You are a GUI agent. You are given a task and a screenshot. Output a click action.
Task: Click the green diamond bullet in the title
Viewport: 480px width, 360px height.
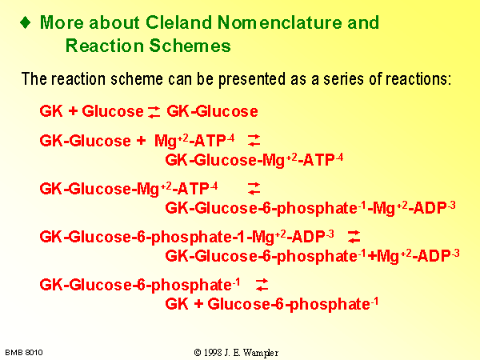pyautogui.click(x=25, y=22)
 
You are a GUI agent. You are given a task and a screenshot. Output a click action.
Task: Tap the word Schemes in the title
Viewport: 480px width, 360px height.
pyautogui.click(x=190, y=46)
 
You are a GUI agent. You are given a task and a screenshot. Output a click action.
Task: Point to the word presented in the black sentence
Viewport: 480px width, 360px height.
pyautogui.click(x=253, y=79)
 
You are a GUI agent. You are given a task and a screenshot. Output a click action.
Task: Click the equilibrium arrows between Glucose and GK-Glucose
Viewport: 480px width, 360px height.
pyautogui.click(x=154, y=112)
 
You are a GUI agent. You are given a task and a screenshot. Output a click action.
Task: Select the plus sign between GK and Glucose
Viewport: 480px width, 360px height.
pyautogui.click(x=73, y=111)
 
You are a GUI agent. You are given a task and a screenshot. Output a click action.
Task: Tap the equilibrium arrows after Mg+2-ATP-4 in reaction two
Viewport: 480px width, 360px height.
pyautogui.click(x=254, y=141)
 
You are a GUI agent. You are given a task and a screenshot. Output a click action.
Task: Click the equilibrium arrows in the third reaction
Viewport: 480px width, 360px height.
pyautogui.click(x=254, y=189)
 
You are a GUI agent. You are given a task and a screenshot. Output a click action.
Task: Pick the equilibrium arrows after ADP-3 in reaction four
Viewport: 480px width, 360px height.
pyautogui.click(x=354, y=237)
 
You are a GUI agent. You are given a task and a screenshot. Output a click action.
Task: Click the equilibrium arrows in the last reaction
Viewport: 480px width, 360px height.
pyautogui.click(x=262, y=285)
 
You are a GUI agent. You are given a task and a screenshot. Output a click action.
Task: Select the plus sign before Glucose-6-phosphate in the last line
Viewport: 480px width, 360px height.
pyautogui.click(x=198, y=304)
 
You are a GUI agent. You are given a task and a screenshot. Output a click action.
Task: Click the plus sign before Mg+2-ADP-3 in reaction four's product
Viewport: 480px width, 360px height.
pyautogui.click(x=372, y=256)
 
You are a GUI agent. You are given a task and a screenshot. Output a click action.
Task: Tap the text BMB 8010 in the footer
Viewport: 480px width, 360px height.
pyautogui.click(x=24, y=353)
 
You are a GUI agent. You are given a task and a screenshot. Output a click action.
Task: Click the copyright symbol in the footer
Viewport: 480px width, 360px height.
pyautogui.click(x=198, y=353)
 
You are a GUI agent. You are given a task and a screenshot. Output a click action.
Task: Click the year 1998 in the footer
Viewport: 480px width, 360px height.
pyautogui.click(x=213, y=353)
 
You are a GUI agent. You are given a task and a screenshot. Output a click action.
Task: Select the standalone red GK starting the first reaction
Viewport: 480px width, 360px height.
pyautogui.click(x=51, y=111)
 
